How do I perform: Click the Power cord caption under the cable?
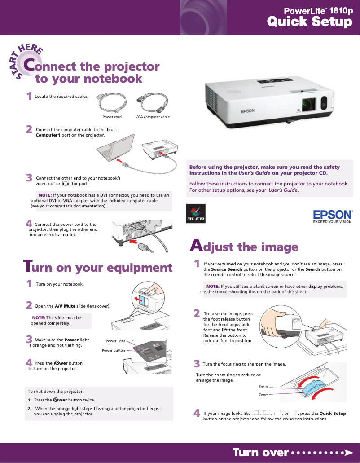[x=112, y=117]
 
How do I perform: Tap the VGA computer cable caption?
[x=153, y=117]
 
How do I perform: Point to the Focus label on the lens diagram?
[x=263, y=387]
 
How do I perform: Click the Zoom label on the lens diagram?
[x=263, y=395]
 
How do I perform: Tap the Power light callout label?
[x=115, y=341]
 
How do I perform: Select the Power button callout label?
[x=114, y=350]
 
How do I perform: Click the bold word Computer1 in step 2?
[x=48, y=135]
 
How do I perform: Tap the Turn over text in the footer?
[x=260, y=452]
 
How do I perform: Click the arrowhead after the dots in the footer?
[x=347, y=452]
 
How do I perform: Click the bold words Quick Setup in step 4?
[x=333, y=413]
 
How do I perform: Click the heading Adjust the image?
[x=244, y=247]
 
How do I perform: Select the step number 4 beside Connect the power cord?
[x=29, y=223]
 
